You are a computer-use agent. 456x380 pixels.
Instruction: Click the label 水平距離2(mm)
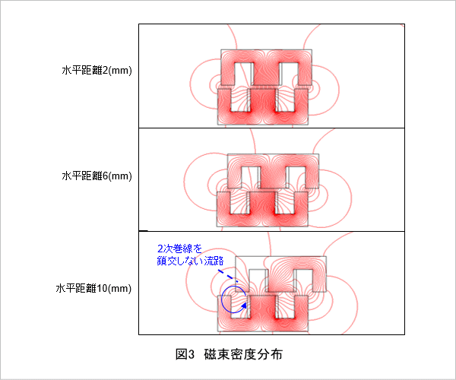click(x=97, y=71)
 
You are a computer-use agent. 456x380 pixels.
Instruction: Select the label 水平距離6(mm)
click(x=97, y=176)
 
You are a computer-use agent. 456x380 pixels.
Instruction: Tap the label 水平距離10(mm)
click(x=93, y=288)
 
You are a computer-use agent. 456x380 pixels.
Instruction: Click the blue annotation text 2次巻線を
click(x=179, y=249)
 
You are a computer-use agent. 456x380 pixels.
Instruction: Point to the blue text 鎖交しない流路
click(x=190, y=261)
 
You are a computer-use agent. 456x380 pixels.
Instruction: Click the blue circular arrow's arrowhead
click(x=244, y=306)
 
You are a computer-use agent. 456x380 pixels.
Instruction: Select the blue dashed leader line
click(x=228, y=277)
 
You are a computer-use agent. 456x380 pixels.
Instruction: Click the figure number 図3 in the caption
click(x=185, y=354)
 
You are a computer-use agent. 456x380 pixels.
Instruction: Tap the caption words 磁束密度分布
click(x=243, y=354)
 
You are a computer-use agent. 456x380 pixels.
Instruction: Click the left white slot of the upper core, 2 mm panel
click(x=242, y=74)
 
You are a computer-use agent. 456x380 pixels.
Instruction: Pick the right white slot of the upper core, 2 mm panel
click(x=289, y=74)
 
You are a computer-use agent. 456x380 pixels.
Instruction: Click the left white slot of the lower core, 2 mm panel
click(x=239, y=100)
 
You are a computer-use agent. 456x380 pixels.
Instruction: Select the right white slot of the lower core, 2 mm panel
click(x=286, y=100)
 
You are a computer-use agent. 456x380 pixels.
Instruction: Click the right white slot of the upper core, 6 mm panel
click(x=296, y=177)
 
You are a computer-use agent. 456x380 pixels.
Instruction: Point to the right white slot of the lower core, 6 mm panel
click(x=287, y=203)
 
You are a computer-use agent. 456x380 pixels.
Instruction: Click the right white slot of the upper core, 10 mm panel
click(x=304, y=280)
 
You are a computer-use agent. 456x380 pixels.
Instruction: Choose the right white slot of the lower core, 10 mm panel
click(x=287, y=307)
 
